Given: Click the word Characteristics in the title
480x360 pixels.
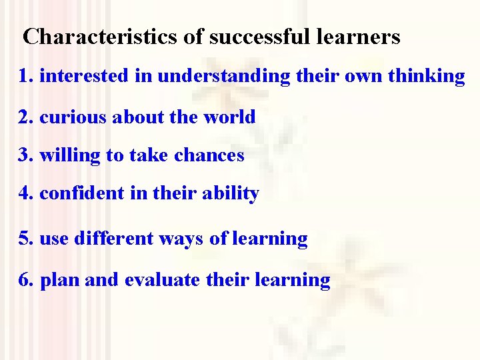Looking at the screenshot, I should [101, 37].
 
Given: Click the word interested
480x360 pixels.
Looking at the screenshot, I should [84, 76].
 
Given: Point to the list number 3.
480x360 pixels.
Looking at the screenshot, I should [25, 155].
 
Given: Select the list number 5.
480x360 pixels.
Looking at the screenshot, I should [25, 238].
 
